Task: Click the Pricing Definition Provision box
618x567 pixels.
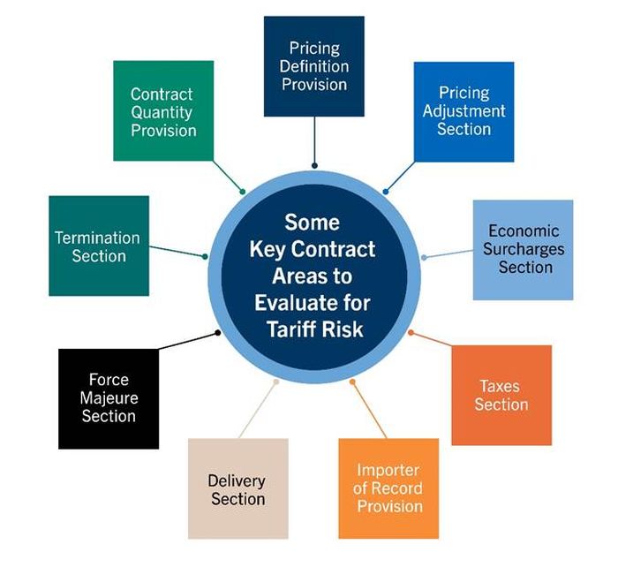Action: [314, 66]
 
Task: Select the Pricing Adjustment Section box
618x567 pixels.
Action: [463, 111]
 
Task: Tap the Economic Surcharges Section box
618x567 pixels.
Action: [524, 249]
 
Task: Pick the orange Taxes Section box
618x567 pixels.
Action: [501, 395]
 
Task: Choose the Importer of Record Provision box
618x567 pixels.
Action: [388, 488]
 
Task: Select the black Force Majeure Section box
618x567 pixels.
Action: [109, 397]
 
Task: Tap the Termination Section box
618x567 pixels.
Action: [98, 246]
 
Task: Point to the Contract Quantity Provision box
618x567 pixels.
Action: [163, 111]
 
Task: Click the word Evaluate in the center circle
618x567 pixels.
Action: [287, 302]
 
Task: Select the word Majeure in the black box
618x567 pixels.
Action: [109, 398]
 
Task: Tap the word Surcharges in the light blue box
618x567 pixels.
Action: [524, 249]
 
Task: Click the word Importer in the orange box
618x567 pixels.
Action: [388, 470]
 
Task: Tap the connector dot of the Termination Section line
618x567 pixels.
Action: [206, 257]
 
